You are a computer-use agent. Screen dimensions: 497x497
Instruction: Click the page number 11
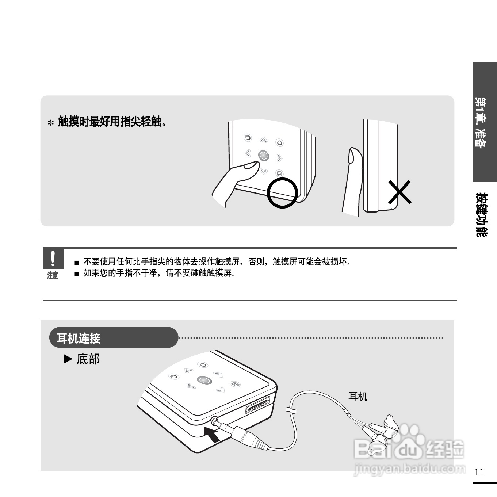coord(479,472)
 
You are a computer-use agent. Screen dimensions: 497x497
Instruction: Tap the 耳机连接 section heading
coord(79,338)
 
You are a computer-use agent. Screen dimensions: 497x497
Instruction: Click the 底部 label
coord(88,359)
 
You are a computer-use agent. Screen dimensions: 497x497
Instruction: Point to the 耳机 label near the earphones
coord(358,397)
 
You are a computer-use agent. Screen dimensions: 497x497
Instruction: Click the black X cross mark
coord(399,192)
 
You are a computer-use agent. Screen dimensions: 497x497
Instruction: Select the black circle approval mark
coord(282,193)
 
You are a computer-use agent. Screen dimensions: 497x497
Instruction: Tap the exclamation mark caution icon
coord(53,258)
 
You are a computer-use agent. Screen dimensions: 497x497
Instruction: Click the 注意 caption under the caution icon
coord(53,275)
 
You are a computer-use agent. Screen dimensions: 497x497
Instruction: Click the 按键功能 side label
coord(481,214)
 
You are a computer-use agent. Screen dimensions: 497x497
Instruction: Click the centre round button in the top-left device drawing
coord(263,156)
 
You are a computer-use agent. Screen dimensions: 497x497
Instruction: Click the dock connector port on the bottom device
coord(258,405)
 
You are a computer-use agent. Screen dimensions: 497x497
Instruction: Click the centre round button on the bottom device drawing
coord(204,380)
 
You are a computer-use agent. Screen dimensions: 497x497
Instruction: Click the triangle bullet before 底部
coord(68,359)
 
